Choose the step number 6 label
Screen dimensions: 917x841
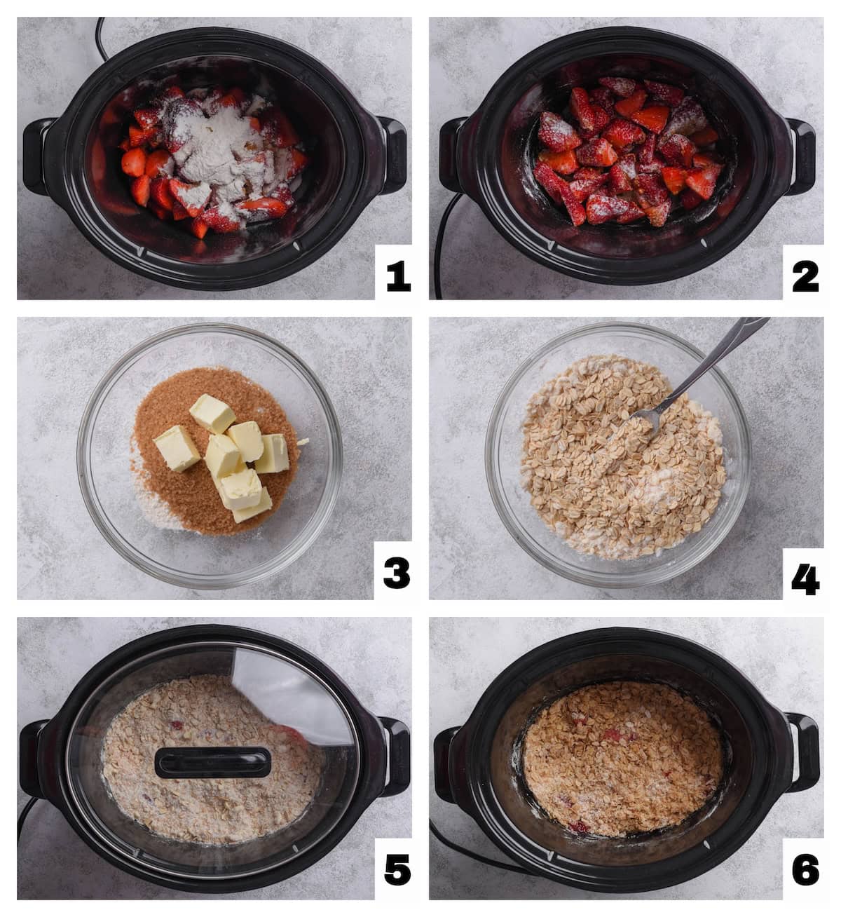pyautogui.click(x=805, y=869)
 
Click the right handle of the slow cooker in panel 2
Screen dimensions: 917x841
pyautogui.click(x=800, y=147)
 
